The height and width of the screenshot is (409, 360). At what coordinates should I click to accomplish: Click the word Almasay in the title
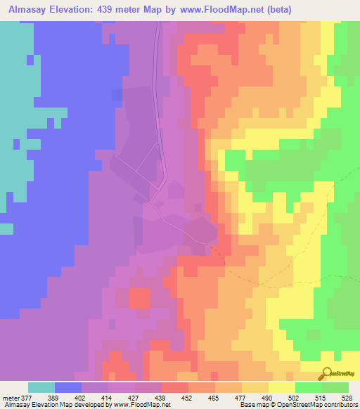tap(27, 10)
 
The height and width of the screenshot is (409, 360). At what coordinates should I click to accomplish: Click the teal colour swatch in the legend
tap(41, 387)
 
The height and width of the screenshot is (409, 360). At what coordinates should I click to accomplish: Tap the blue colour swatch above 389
tap(68, 387)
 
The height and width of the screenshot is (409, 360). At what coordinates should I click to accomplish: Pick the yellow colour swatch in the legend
tap(282, 387)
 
